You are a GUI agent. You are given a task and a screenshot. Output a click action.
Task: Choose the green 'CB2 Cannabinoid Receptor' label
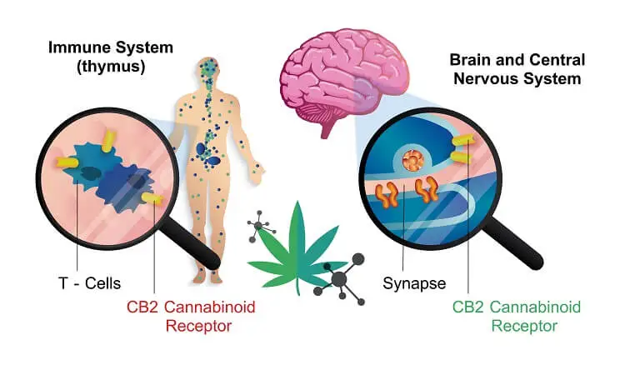click(517, 316)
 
